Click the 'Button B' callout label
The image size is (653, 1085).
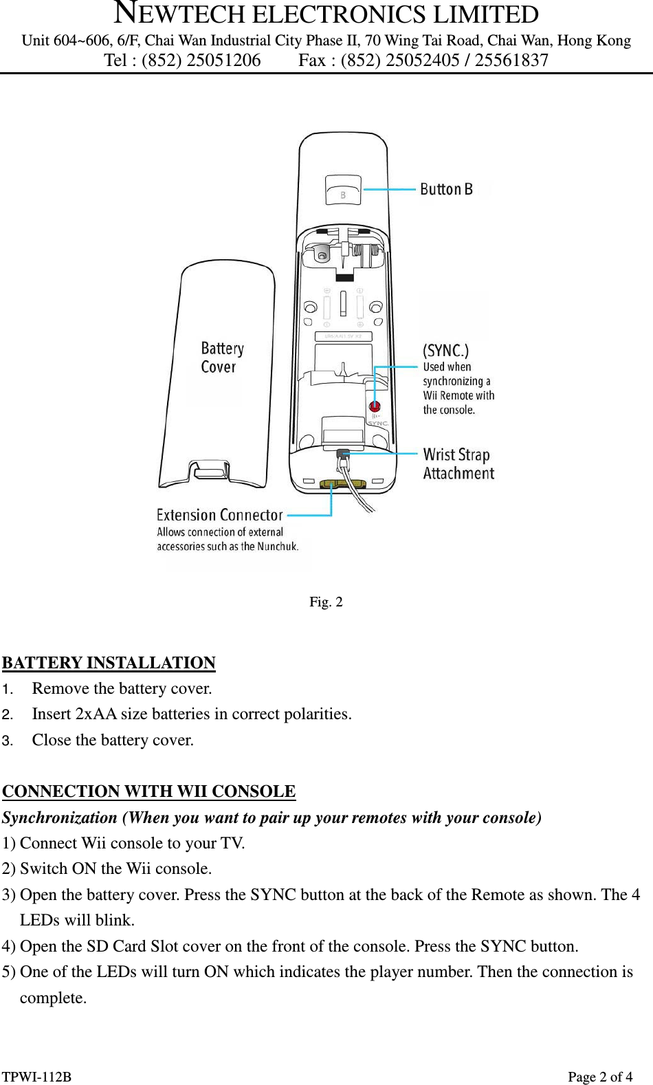pos(446,189)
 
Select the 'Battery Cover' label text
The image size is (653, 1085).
pos(221,358)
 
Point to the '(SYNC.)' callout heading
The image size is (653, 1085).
pos(445,351)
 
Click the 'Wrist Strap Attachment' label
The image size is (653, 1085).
pos(458,464)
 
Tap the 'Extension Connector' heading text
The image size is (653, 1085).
pos(219,515)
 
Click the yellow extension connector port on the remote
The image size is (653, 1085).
pos(342,484)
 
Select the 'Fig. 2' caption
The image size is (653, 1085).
pos(326,602)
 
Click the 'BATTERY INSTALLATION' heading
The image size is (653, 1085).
pos(109,663)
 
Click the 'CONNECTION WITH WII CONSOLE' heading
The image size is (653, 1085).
pos(148,791)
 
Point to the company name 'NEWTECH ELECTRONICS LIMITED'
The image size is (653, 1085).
pos(326,14)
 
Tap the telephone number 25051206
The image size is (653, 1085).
pos(223,61)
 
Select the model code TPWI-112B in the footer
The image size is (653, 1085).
pos(36,1077)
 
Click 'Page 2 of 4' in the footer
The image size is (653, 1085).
pos(599,1077)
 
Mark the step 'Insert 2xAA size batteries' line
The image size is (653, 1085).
pos(191,714)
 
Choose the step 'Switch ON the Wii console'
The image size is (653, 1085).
pos(115,869)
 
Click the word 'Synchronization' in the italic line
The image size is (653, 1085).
pos(60,818)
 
